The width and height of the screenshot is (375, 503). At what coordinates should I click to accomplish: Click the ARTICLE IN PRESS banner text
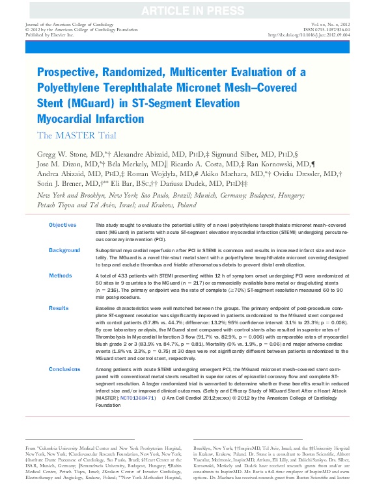(187, 10)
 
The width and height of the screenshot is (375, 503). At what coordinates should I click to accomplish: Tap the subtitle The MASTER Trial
(77, 135)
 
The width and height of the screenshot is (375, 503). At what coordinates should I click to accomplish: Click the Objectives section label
(62, 225)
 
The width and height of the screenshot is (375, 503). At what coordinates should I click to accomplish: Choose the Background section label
(64, 250)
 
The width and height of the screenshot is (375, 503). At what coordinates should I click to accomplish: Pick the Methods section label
(61, 276)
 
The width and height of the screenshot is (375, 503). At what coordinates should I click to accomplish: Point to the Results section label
(59, 307)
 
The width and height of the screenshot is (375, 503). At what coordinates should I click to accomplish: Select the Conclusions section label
(66, 369)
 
